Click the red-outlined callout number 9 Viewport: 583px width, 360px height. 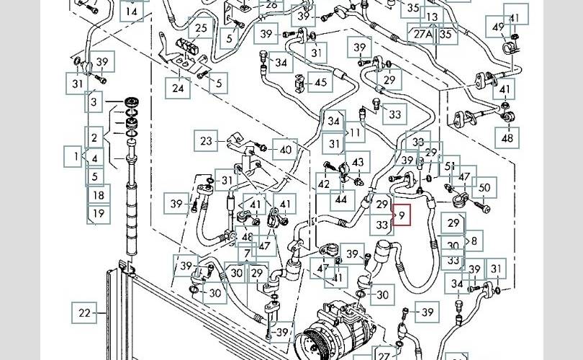point(401,215)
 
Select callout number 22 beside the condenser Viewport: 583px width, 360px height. point(85,312)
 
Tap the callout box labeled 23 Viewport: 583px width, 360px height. point(207,140)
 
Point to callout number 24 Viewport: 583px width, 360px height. point(176,88)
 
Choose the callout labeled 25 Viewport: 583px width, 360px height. point(201,30)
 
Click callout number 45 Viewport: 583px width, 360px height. point(320,83)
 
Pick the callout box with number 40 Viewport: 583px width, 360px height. point(286,150)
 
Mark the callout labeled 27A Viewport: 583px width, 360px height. point(422,33)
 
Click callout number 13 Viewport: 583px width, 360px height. point(432,17)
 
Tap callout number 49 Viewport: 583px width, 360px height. point(499,27)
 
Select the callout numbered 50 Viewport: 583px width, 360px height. point(484,188)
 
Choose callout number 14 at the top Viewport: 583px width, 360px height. point(131,12)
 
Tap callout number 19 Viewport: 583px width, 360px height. point(99,213)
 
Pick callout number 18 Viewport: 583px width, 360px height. point(99,194)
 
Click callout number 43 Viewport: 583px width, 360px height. point(358,161)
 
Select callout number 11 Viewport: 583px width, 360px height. point(356,133)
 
